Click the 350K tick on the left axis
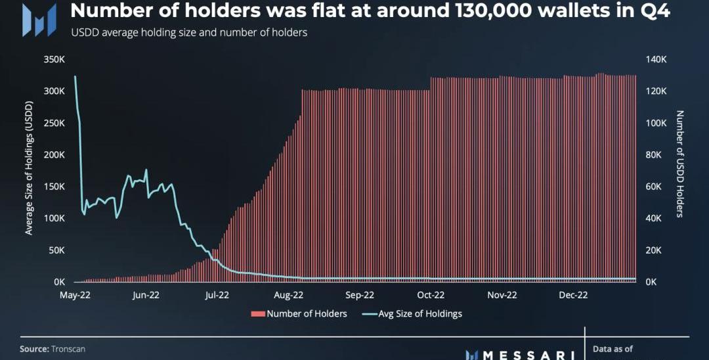[54, 59]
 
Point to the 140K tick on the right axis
[656, 59]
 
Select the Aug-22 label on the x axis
[288, 296]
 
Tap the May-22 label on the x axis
[75, 296]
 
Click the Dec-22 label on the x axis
[573, 296]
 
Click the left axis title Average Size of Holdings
[29, 170]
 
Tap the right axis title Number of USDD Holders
[680, 164]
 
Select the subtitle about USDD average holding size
[188, 32]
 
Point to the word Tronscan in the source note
[68, 349]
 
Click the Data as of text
[613, 349]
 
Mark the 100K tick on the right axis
[656, 123]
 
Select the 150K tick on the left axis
[54, 187]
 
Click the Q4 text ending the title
[653, 11]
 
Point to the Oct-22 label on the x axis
[431, 296]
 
